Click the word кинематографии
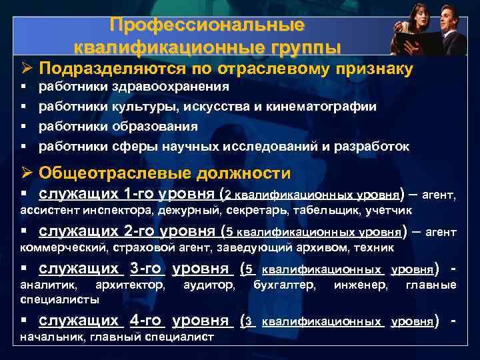325,107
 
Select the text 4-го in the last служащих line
145,321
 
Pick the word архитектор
130,285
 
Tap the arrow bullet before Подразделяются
27,69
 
